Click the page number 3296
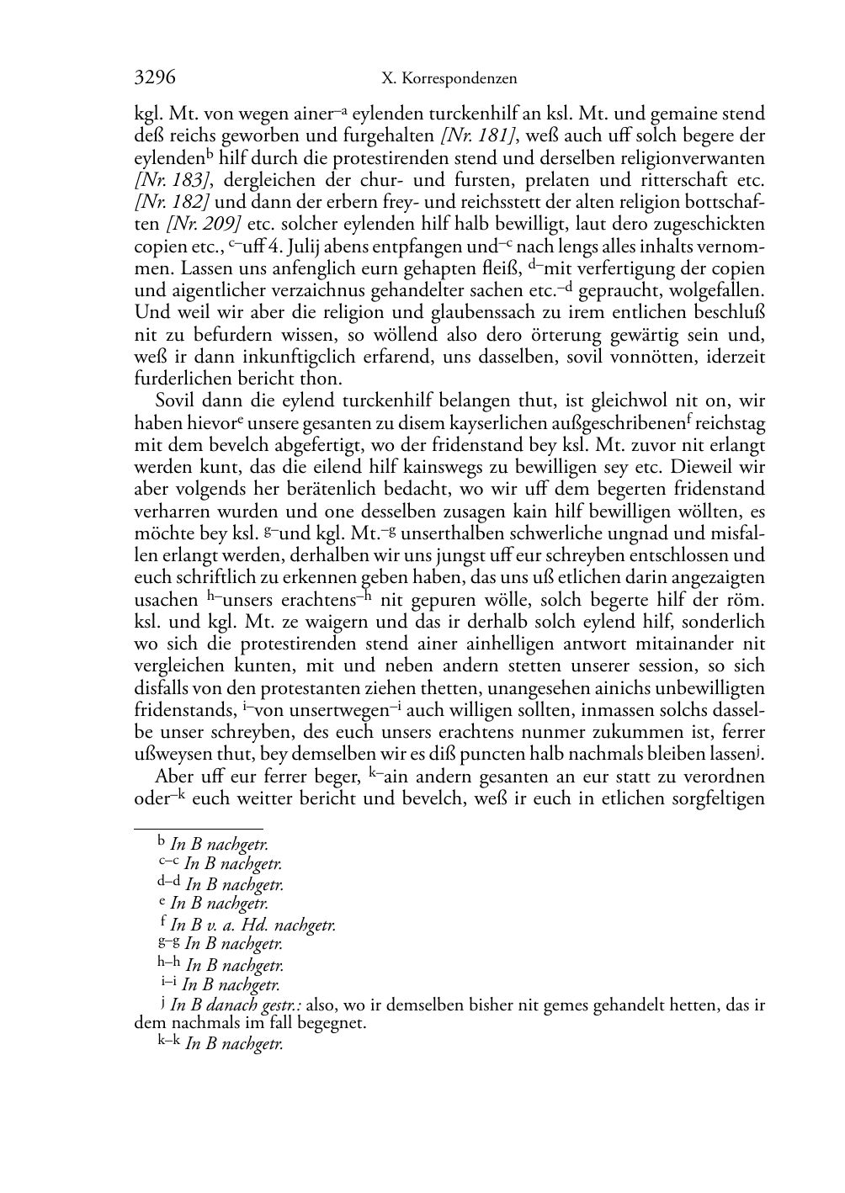coord(155,78)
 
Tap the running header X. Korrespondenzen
coord(449,79)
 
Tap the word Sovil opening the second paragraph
coord(175,400)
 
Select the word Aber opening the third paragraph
coord(173,776)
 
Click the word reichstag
coord(730,422)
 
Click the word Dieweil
coord(698,467)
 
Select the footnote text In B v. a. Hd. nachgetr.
coord(252,925)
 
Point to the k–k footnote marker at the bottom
coord(169,1043)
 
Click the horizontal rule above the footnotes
coord(199,829)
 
